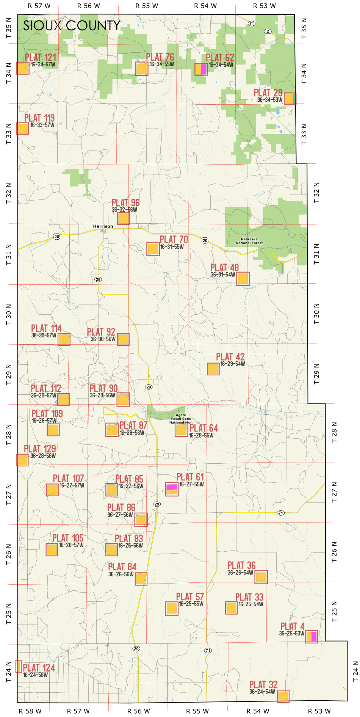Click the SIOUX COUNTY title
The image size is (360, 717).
(x=72, y=26)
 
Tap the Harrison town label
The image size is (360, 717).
(x=103, y=226)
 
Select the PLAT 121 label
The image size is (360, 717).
(x=41, y=57)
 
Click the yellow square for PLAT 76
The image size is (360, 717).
(x=141, y=69)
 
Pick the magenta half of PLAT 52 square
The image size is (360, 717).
(x=204, y=69)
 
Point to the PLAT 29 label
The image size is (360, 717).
(x=268, y=93)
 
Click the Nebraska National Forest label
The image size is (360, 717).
(x=249, y=241)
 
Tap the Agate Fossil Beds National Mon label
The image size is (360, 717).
(x=181, y=419)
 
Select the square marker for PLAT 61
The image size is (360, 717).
(x=172, y=489)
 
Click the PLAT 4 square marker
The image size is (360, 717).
(x=311, y=637)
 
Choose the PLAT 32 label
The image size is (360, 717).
(x=263, y=685)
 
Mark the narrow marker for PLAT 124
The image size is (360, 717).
(x=19, y=666)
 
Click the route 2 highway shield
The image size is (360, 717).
(x=268, y=31)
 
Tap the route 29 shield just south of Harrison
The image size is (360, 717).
(x=98, y=279)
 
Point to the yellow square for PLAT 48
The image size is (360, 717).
(x=243, y=279)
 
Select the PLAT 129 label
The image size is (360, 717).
(x=40, y=449)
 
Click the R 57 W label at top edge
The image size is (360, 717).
(x=39, y=6)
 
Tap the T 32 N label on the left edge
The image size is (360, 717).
(x=9, y=193)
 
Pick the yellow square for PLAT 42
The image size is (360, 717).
(x=213, y=369)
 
